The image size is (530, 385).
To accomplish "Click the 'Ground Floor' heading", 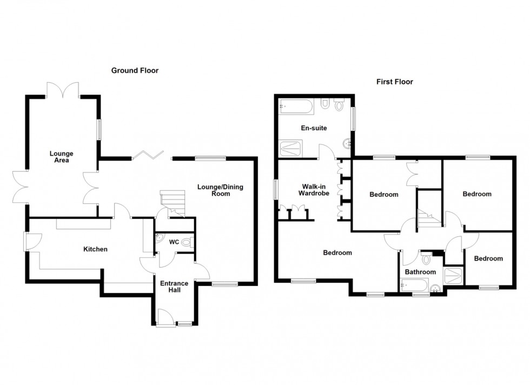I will coord(135,70).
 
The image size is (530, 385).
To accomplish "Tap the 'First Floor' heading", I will coord(394,82).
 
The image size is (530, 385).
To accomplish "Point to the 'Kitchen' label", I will coord(95,249).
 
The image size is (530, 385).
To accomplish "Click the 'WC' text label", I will coord(174,242).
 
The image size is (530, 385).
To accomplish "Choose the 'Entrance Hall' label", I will coord(174,287).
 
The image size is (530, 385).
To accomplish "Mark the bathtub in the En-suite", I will coord(295,107).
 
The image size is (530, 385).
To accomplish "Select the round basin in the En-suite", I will coord(348,143).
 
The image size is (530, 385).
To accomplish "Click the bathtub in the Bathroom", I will coord(415,286).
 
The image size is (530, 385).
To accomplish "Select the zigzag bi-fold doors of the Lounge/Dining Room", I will coord(147,155).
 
